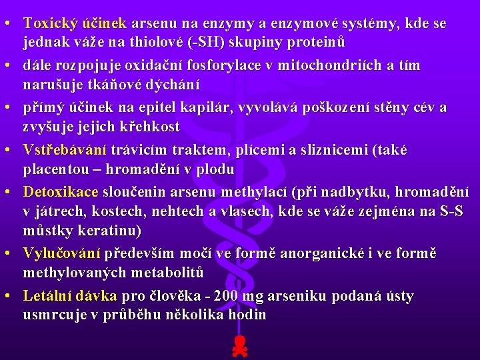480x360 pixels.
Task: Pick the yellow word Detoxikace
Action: (x=61, y=193)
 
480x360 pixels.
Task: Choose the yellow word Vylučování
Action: (x=61, y=254)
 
